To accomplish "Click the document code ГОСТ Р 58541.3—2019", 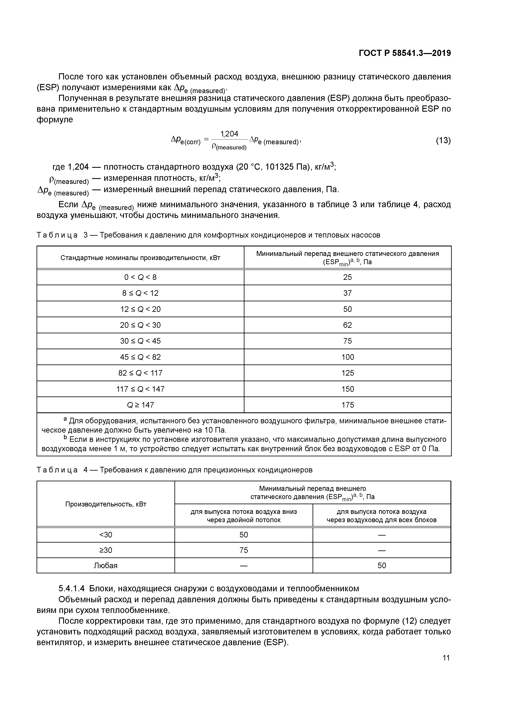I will point(405,53).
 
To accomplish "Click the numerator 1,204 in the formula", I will point(229,134).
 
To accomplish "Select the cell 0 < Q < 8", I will point(140,277).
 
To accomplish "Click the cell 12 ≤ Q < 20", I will point(140,309).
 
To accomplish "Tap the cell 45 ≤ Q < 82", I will point(140,357).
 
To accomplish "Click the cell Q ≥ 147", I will point(140,405).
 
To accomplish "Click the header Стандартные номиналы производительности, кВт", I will point(140,258).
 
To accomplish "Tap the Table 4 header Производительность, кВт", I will point(106,504).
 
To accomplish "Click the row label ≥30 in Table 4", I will point(106,550).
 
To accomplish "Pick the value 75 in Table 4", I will point(244,550).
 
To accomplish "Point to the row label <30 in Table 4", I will point(106,535).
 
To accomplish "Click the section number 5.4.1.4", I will point(72,588).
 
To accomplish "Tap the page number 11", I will point(446,658).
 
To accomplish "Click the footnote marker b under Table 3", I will point(65,438).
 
